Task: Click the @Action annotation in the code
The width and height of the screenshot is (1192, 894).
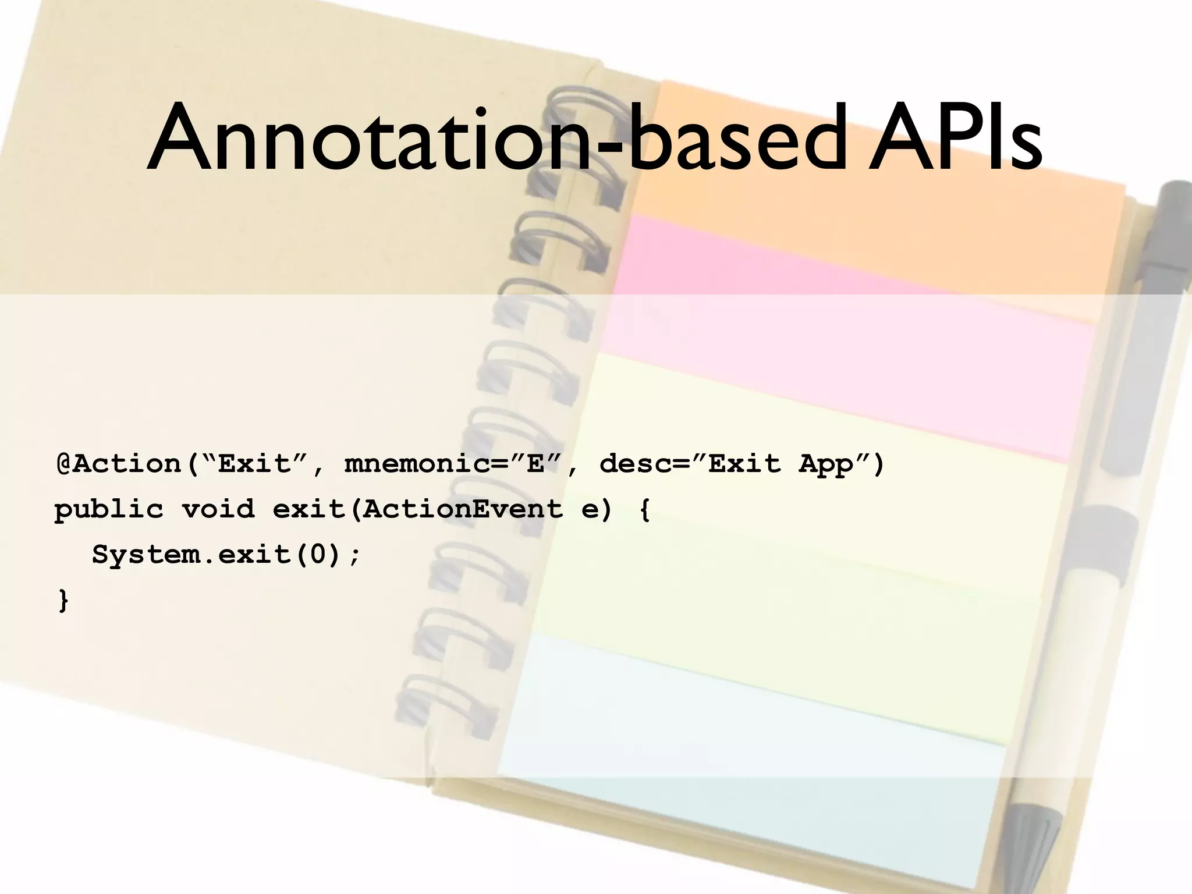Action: point(119,464)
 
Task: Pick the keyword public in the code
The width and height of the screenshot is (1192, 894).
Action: point(109,510)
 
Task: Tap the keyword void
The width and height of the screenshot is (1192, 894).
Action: point(218,510)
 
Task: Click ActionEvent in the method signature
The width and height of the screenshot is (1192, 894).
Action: point(462,510)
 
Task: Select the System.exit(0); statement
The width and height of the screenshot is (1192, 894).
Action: point(227,555)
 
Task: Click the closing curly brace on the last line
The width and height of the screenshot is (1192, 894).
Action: point(63,600)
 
